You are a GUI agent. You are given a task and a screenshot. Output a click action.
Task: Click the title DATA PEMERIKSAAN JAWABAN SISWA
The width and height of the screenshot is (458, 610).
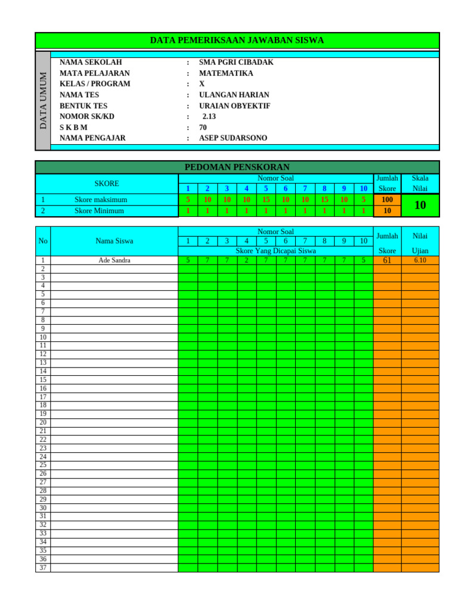point(237,41)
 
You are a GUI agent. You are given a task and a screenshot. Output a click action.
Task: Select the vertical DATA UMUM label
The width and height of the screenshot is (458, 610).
point(44,100)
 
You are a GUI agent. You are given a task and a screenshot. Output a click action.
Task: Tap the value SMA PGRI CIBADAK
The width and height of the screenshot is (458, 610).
point(236,63)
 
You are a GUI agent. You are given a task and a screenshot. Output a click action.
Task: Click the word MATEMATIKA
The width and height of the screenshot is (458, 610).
point(226,73)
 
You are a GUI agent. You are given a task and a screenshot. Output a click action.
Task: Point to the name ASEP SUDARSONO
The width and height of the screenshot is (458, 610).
point(233,138)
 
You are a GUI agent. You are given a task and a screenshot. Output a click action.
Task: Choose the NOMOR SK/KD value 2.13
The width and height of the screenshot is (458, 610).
point(209,117)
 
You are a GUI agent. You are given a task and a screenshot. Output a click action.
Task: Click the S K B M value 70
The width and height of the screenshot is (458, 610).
point(203,127)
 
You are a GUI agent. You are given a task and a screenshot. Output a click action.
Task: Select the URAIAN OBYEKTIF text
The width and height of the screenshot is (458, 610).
point(234,106)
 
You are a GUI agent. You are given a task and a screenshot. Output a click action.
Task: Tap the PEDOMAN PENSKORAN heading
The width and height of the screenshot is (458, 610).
point(237,167)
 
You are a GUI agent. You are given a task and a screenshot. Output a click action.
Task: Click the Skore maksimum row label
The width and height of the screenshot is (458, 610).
point(101,200)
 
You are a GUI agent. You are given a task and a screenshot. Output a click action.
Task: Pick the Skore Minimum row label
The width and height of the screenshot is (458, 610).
point(99,211)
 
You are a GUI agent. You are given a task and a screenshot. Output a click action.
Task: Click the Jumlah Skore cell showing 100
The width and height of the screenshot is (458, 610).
point(387,200)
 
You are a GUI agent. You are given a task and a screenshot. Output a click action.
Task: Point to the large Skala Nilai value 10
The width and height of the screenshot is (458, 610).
point(420,206)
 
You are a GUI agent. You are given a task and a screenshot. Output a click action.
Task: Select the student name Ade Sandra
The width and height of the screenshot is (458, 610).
point(114,260)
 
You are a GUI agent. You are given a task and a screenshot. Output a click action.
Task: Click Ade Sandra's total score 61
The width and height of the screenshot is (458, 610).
point(387,260)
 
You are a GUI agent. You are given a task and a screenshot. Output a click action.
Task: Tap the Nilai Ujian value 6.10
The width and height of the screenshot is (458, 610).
point(420,260)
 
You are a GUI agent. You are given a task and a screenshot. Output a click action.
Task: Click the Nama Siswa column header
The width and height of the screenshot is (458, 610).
point(114,241)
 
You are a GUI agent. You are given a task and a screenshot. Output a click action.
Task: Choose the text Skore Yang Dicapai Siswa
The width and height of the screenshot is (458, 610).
point(276,251)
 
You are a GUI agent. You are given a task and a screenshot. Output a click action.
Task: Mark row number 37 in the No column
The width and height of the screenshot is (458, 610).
point(43,568)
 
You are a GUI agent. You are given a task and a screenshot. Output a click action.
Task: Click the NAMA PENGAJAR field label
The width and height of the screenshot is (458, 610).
point(92,138)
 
